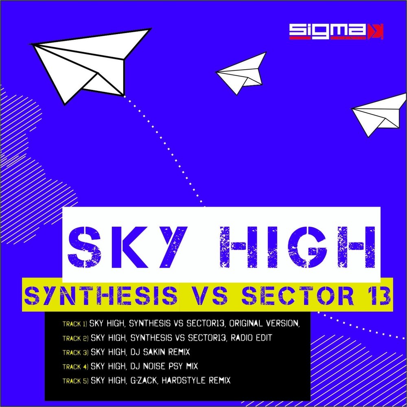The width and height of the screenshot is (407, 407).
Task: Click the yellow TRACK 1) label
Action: pyautogui.click(x=75, y=324)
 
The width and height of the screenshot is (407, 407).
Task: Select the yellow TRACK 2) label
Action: pyautogui.click(x=75, y=338)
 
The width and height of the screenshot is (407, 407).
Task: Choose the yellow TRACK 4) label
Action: pyautogui.click(x=75, y=367)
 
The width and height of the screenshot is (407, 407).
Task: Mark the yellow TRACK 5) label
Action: pyautogui.click(x=75, y=381)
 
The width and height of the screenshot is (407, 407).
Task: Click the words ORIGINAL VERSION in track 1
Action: pyautogui.click(x=265, y=324)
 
